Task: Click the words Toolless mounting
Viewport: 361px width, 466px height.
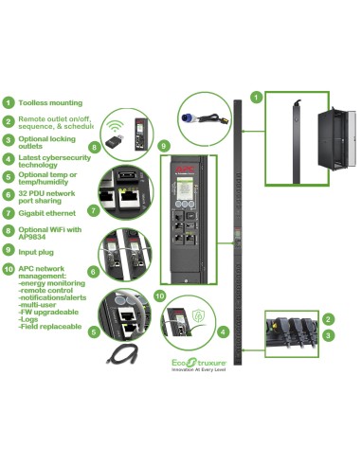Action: pos(50,102)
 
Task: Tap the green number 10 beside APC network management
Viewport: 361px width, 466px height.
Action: pos(8,269)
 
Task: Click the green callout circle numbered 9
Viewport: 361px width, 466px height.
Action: pos(165,146)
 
